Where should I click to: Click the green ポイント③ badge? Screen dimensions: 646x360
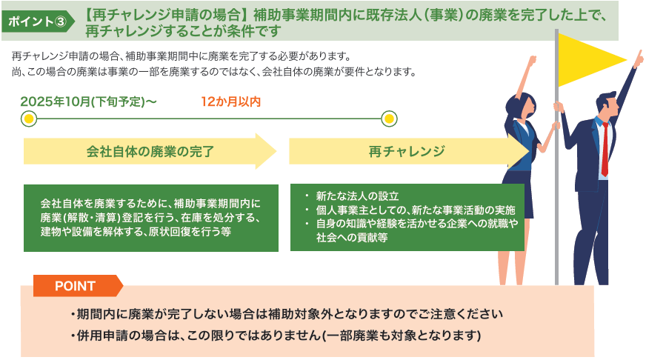(38, 21)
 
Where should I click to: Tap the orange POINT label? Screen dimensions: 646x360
(78, 285)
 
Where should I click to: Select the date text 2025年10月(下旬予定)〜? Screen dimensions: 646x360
(89, 101)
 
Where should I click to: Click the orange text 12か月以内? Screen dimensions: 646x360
(230, 101)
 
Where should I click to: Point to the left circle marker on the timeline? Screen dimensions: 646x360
(29, 119)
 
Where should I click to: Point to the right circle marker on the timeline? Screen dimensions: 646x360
(389, 119)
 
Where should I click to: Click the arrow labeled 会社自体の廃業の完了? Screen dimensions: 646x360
(150, 151)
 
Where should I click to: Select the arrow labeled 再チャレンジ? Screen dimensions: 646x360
(409, 151)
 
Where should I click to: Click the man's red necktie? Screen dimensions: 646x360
(605, 149)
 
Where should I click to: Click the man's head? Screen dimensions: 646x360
(607, 104)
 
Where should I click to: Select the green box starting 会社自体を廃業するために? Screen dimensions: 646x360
(151, 218)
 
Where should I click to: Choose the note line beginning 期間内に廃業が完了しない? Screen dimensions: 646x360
(287, 314)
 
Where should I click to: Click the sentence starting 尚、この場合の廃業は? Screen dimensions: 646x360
(214, 72)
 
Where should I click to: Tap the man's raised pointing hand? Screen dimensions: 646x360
(638, 59)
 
